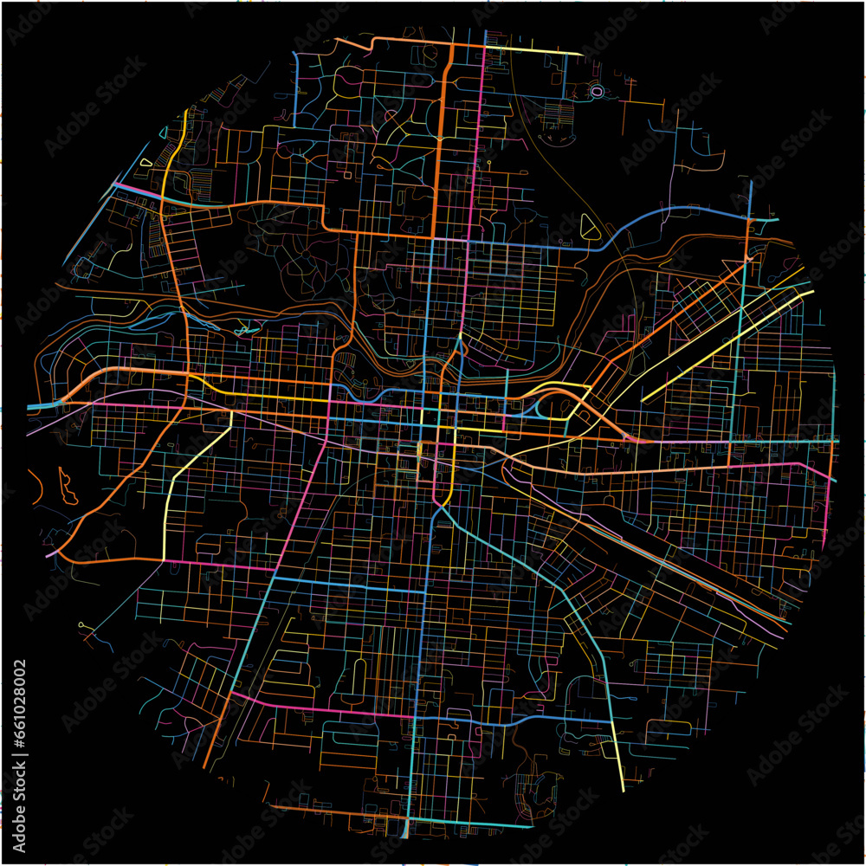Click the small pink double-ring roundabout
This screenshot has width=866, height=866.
pos(597,91)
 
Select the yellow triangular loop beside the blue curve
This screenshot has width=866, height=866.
pos(591,226)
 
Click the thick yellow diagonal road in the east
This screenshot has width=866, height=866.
pos(727,346)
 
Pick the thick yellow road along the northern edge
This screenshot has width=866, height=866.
pos(537,51)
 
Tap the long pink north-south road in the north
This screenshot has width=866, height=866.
pos(475,156)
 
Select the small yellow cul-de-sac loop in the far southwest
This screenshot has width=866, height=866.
pos(83,623)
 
